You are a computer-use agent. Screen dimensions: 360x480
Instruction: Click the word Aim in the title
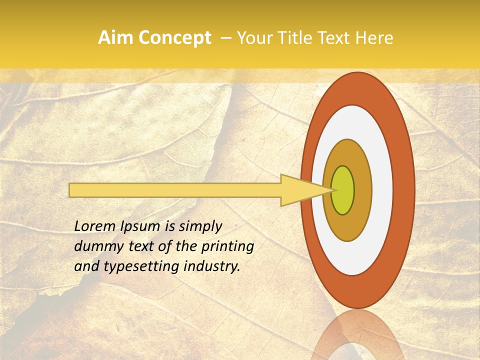tap(116, 38)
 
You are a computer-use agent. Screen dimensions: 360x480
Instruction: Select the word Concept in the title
tap(174, 38)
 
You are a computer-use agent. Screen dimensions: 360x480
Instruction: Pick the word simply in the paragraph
tap(200, 227)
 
